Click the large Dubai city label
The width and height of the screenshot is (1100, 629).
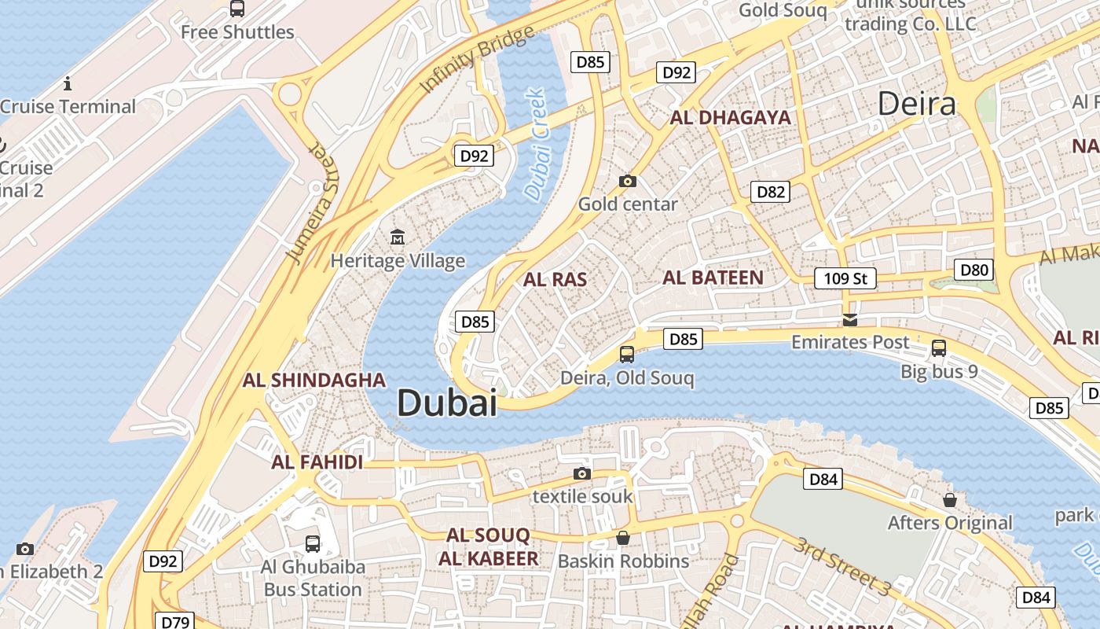tap(446, 403)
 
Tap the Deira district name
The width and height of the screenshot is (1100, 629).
tap(916, 104)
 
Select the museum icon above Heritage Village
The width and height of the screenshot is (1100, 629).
tap(398, 236)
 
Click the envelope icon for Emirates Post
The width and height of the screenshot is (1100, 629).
tap(850, 319)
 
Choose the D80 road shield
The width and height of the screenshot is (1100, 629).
tap(974, 270)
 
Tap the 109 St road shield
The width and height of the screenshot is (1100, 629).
tap(845, 278)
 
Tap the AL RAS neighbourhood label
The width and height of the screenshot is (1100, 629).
tap(555, 279)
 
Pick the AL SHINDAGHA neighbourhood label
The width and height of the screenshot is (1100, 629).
tap(314, 381)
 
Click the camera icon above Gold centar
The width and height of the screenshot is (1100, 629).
tap(627, 181)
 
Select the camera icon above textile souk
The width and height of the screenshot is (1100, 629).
tap(581, 473)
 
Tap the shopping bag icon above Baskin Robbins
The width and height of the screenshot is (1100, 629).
tap(623, 538)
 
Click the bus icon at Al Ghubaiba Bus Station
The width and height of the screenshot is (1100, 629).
tap(312, 543)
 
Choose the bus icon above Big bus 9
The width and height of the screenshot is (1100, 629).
tap(938, 348)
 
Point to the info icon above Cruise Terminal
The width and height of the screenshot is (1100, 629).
tap(68, 83)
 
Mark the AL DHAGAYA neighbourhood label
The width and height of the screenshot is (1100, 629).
tap(730, 118)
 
